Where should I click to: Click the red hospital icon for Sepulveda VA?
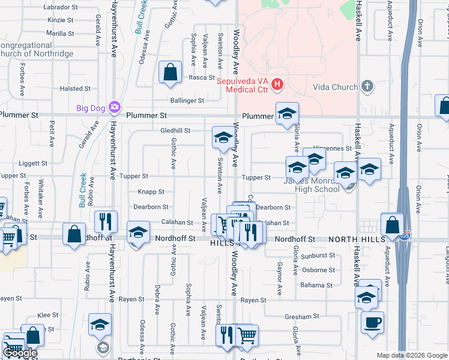click(x=277, y=85)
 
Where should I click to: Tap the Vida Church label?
click(x=336, y=87)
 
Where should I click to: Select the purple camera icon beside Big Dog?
click(x=114, y=108)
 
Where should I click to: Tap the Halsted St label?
click(x=75, y=89)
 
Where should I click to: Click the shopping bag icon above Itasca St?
click(x=170, y=72)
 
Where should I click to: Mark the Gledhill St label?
click(x=175, y=130)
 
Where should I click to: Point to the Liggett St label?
click(x=33, y=163)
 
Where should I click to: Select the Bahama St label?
click(x=318, y=286)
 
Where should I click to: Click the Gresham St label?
click(x=303, y=316)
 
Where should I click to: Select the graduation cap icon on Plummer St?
click(x=287, y=113)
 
